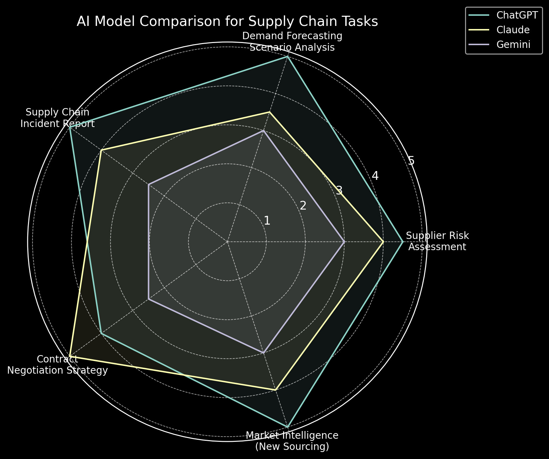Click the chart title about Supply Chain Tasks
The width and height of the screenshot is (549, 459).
227,22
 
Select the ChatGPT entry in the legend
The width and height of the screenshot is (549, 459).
517,15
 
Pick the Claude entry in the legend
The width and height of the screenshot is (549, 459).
513,30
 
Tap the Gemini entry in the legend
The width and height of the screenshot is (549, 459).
513,44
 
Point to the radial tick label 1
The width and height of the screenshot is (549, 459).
267,221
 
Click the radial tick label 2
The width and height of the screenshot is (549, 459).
303,206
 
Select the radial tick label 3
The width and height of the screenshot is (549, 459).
339,191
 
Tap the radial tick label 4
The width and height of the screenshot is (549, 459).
375,176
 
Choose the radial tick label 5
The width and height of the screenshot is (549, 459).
411,161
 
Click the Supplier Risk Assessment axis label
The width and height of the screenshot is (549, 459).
437,241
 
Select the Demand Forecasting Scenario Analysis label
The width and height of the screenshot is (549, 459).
292,42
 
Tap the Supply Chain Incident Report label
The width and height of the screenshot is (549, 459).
57,118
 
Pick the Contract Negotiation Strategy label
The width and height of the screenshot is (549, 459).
57,365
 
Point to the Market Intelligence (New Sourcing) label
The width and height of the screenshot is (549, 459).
292,441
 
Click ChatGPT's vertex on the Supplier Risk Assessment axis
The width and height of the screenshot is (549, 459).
403,242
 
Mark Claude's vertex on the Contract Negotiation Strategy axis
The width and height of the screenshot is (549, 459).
70,356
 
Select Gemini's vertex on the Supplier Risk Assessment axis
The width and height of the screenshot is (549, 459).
344,242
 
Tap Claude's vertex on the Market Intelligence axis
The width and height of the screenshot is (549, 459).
276,390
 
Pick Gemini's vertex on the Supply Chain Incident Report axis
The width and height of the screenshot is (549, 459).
149,184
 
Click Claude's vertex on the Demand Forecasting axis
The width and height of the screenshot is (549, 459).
269,112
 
